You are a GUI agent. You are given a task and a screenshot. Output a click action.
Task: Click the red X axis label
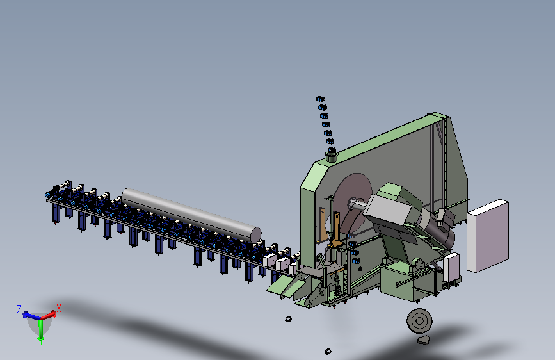pyautogui.click(x=59, y=308)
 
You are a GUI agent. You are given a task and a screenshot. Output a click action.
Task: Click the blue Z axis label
pyautogui.click(x=19, y=309)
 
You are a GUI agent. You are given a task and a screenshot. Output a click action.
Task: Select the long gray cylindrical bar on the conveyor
pyautogui.click(x=191, y=215)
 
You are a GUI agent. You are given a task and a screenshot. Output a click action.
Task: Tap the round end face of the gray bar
pyautogui.click(x=256, y=235)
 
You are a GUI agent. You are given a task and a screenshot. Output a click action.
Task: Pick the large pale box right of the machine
pyautogui.click(x=488, y=236)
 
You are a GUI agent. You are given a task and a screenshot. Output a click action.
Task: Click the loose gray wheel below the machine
pyautogui.click(x=419, y=321)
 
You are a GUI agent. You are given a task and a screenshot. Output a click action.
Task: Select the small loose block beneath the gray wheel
pyautogui.click(x=423, y=341)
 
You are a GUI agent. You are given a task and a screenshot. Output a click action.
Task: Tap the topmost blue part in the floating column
pyautogui.click(x=320, y=99)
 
